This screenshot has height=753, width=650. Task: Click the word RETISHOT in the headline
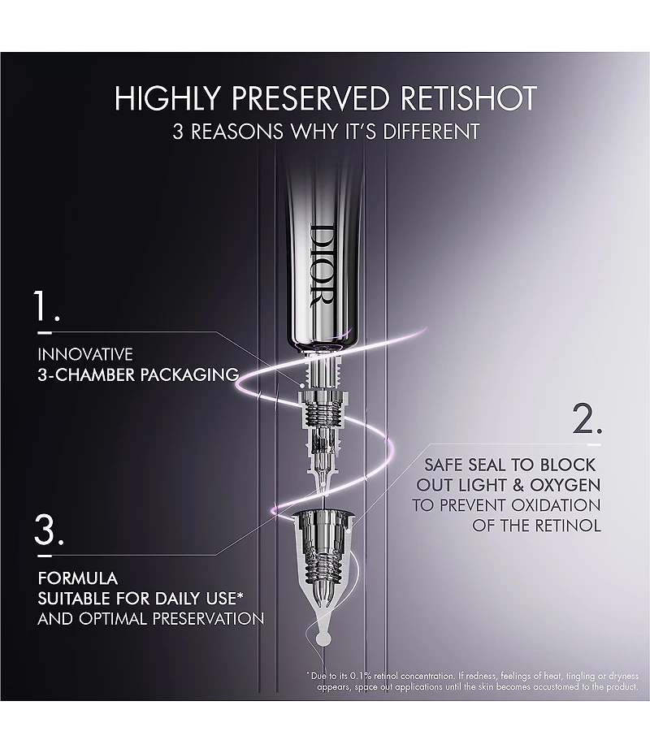pos(468,98)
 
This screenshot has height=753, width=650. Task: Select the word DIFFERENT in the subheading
pos(431,132)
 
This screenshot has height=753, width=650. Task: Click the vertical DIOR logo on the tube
pos(322,265)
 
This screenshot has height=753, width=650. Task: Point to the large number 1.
pos(46,306)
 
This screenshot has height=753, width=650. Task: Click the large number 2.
pos(587,419)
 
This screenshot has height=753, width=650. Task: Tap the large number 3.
pos(49,530)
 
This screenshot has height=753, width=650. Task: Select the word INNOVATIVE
pos(85,354)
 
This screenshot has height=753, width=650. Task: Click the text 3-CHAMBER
pos(86,374)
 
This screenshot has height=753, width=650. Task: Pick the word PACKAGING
pos(189,374)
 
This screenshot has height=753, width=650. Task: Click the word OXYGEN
pos(565,485)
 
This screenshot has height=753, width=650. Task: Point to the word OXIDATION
pos(556,505)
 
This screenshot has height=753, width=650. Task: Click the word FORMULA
pos(78,578)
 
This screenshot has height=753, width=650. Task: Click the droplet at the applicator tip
pos(323,638)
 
